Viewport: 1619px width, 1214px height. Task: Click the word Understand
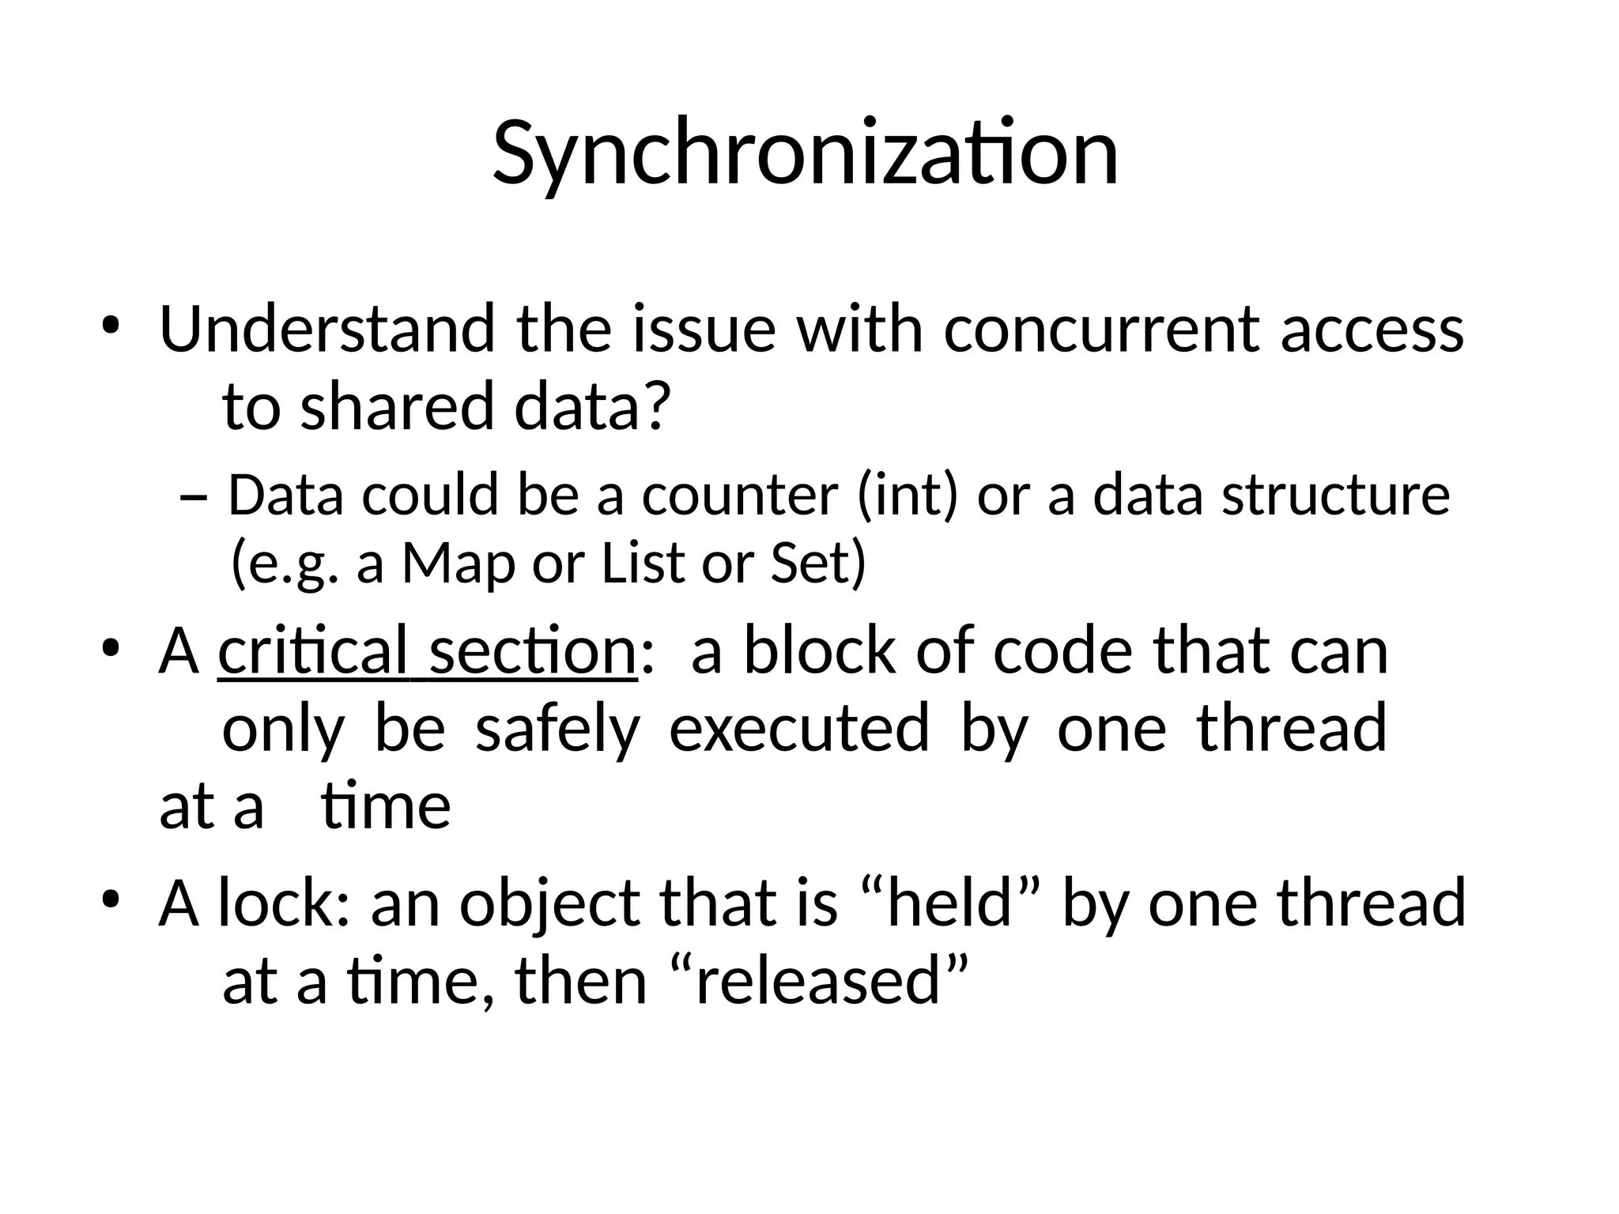[326, 329]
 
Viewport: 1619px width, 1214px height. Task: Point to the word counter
[739, 496]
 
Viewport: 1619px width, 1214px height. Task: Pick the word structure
[1335, 496]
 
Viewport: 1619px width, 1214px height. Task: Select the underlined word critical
[313, 651]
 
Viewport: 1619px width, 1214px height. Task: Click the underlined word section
[533, 651]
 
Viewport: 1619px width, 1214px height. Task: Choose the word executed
[799, 729]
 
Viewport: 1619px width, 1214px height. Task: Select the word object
[550, 904]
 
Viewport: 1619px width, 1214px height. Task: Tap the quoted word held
[949, 903]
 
